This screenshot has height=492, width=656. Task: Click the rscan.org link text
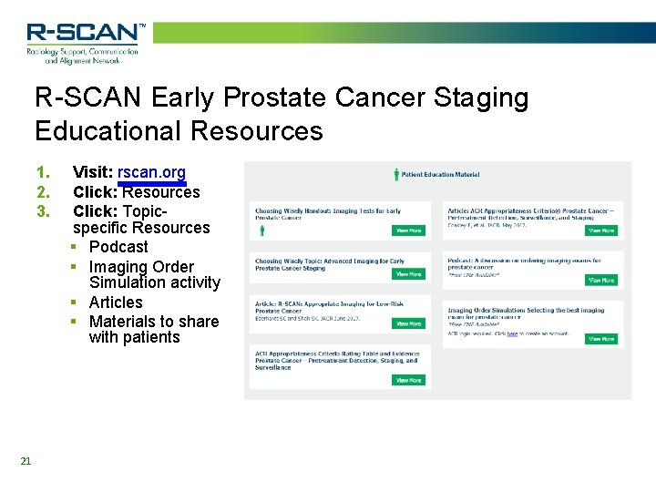[x=151, y=172]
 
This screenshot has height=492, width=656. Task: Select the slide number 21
[x=26, y=461]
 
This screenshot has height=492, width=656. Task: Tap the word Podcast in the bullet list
[x=118, y=247]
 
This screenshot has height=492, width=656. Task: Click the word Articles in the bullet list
[x=116, y=302]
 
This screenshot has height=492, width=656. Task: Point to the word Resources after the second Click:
[x=161, y=192]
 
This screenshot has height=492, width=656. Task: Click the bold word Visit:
[x=93, y=172]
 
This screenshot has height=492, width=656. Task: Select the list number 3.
[x=42, y=210]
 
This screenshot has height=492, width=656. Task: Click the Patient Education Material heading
[x=440, y=174]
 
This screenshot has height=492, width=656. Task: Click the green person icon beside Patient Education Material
[x=395, y=174]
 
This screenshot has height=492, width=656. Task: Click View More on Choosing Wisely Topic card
[x=408, y=273]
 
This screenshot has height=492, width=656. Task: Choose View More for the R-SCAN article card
[x=408, y=323]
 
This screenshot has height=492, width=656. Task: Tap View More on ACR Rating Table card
[x=408, y=380]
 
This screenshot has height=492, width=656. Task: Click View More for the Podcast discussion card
[x=600, y=281]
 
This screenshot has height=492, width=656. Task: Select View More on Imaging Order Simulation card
[x=600, y=339]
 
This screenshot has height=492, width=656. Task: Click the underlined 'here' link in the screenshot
[x=512, y=334]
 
